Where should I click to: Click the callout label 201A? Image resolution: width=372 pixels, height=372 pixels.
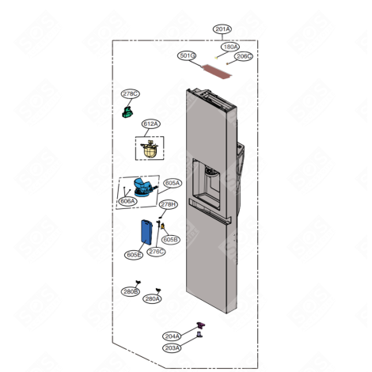tap(223, 29)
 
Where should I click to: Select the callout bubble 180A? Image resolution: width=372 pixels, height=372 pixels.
tap(230, 47)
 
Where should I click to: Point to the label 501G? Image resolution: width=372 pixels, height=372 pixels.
tap(187, 56)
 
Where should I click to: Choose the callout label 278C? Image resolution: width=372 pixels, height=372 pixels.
tap(131, 94)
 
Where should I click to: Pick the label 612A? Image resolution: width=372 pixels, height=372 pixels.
tap(151, 124)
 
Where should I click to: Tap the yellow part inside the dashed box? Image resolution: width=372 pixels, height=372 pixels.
tap(150, 148)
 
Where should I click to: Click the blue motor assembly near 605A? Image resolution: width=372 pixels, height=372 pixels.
tap(143, 187)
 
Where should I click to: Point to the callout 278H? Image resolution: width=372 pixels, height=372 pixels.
tap(169, 204)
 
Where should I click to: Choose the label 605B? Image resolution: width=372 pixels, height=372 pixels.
tap(171, 238)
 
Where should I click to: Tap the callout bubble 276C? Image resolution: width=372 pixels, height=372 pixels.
tap(157, 252)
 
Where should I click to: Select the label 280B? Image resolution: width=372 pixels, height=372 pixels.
tap(130, 291)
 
